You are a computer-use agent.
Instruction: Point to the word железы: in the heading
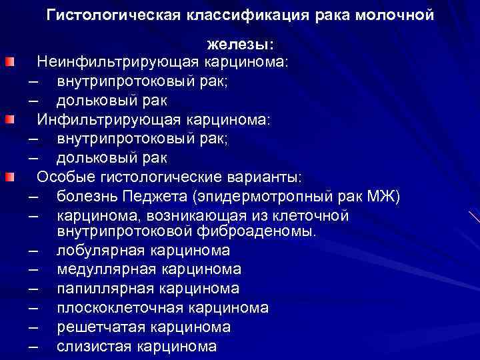[240, 44]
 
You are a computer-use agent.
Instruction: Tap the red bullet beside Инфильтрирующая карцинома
[10, 120]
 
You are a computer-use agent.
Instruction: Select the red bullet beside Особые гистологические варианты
[10, 177]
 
